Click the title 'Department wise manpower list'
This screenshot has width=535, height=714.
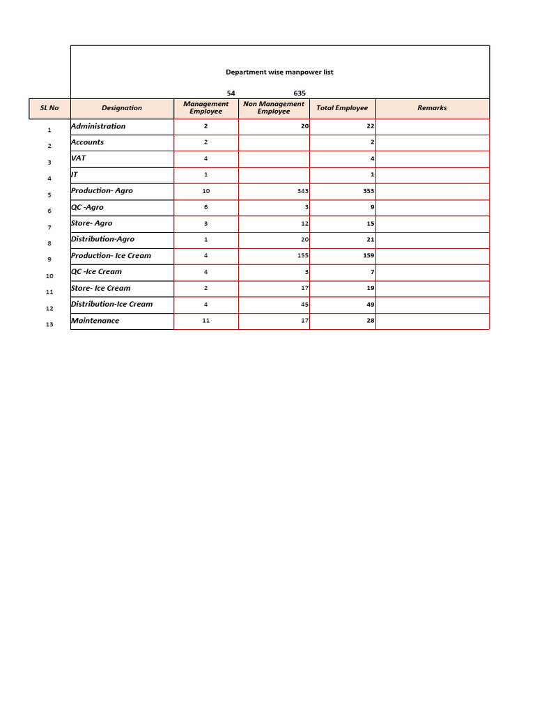tap(279, 73)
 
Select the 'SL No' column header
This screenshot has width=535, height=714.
tap(49, 108)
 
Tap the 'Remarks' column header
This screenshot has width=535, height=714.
tap(432, 108)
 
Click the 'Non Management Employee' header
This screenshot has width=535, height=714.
tap(274, 107)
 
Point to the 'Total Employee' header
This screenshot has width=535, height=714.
tap(342, 108)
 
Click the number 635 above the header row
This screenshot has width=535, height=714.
tap(300, 93)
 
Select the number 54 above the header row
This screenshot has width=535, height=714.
tap(231, 93)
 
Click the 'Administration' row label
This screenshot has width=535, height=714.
tap(98, 126)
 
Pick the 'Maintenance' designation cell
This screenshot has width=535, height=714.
tap(95, 321)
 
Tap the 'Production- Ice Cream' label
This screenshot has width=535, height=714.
tap(111, 256)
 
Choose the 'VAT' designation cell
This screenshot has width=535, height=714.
tap(78, 158)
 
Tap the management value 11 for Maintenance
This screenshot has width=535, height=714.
tap(206, 321)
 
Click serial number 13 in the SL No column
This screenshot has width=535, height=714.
tap(49, 324)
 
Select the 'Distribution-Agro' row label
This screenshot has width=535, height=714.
tap(102, 239)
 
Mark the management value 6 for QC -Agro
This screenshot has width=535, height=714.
tap(206, 207)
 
